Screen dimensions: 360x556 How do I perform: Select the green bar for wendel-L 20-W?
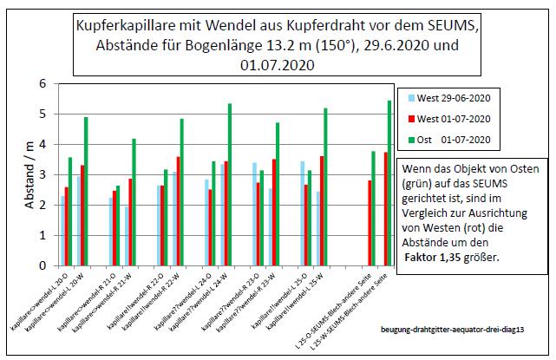pyautogui.click(x=87, y=191)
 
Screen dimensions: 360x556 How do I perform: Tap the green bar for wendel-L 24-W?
pyautogui.click(x=229, y=184)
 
